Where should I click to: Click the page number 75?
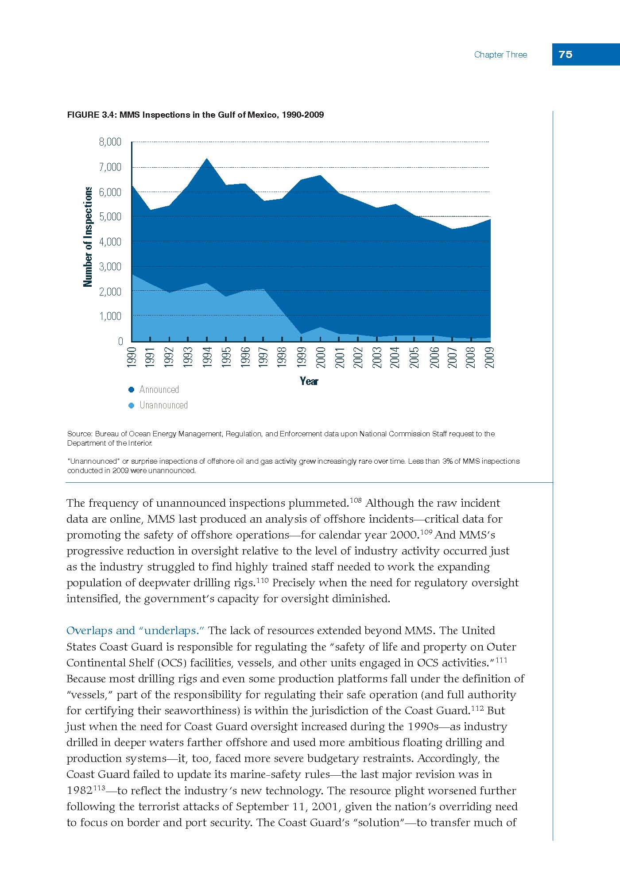coord(566,54)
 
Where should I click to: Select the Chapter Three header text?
coord(500,54)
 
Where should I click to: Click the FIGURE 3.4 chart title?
coord(195,115)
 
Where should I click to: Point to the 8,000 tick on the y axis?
coord(110,142)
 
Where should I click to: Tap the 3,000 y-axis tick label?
coord(110,266)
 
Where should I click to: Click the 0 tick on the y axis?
coord(120,341)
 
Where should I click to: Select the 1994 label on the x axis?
coord(207,358)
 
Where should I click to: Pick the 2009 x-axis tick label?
coord(489,358)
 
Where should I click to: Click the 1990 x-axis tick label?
coord(131,358)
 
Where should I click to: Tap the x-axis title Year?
coord(309,381)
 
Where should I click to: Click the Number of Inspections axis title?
coord(88,236)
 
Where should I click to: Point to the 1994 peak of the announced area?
coord(207,158)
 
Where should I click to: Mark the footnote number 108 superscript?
coord(356,500)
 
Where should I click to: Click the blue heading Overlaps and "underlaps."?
coord(135,631)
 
